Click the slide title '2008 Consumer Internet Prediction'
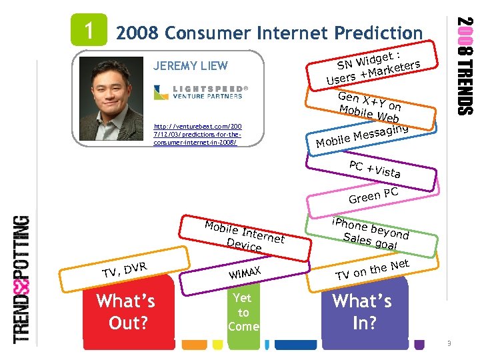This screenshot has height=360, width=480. coord(269,33)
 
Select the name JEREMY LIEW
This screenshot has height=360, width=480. coord(190,65)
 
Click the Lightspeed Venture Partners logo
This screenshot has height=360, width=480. coord(201,93)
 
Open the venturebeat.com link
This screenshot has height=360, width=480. coord(197,134)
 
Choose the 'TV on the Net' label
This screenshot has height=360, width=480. coord(372,269)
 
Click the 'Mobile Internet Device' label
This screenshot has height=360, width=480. coord(244,235)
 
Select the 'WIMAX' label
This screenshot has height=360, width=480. coord(243,272)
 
